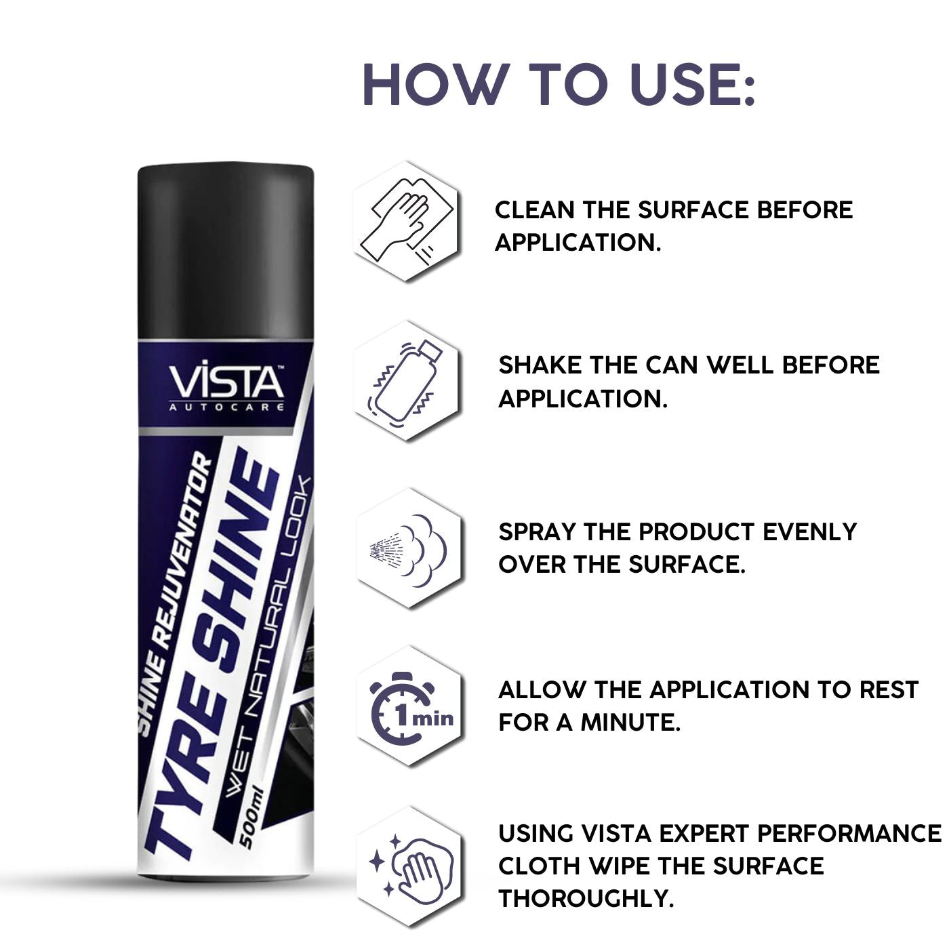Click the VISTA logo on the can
227,383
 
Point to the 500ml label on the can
254,819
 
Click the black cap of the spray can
226,251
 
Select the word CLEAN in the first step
534,210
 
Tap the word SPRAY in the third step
536,531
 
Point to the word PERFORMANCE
849,834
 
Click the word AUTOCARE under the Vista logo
227,407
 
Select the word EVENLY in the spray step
809,531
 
